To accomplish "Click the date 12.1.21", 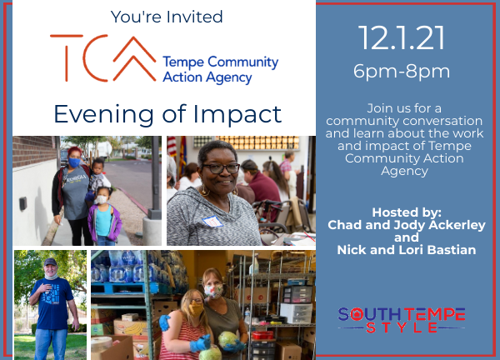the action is coord(402,38).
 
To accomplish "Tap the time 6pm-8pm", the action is coord(402,71).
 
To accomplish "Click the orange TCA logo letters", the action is coord(102,58).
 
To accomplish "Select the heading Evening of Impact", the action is coord(167,114).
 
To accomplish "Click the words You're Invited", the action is coord(167,17).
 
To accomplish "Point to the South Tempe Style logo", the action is coord(402,320).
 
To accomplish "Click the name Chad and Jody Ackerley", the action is coord(407,225).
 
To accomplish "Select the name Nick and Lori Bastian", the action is coord(407,250).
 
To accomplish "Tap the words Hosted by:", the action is coord(407,212).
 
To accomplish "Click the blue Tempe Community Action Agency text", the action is coord(220,70).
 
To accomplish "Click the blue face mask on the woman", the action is coord(74,162).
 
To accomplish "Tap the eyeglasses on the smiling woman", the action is coord(221,168).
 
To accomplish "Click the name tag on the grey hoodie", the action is coord(212,222).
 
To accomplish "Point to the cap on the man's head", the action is coord(50,262).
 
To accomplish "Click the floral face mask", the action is coord(213,291).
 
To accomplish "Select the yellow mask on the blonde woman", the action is coord(196,308).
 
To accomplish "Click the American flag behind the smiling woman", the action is coord(172,147).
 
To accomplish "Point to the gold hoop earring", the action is coord(205,191).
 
